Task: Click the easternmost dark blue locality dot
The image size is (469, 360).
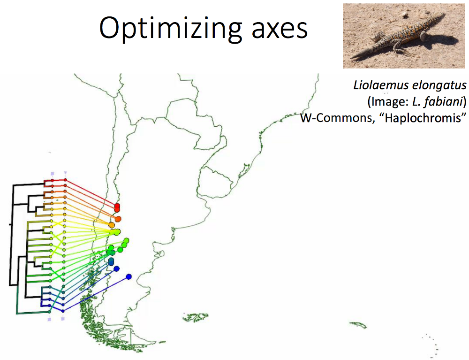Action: pos(129,277)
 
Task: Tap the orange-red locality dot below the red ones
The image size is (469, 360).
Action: pos(118,219)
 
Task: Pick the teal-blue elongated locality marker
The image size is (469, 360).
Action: pos(111,261)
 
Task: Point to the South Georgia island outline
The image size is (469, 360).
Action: pos(358,325)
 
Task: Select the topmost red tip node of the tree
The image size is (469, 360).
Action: pos(65,180)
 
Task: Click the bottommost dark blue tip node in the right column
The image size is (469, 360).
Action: pos(63,311)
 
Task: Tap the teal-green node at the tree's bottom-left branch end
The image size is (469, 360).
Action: pos(49,312)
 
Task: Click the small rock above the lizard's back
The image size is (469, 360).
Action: pos(405,14)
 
